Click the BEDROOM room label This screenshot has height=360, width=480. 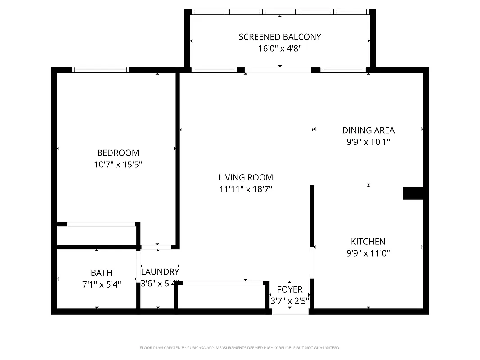click(118, 153)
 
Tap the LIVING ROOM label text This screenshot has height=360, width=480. click(246, 178)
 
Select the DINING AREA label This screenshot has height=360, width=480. click(368, 130)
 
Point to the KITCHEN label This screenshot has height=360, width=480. click(368, 242)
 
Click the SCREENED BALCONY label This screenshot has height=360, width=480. click(280, 37)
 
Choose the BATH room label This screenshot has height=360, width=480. click(101, 273)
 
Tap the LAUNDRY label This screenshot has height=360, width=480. click(160, 272)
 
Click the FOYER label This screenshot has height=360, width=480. click(290, 289)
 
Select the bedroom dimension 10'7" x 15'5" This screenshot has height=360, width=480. click(118, 165)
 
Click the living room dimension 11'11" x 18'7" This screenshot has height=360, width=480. click(246, 189)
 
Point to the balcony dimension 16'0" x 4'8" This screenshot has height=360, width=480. click(280, 49)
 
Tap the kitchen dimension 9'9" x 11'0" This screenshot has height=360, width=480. click(368, 253)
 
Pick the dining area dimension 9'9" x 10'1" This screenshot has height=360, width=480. click(368, 142)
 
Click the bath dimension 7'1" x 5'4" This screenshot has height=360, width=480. click(101, 284)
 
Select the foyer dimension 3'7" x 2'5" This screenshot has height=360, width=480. click(290, 301)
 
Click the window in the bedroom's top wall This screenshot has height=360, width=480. click(100, 70)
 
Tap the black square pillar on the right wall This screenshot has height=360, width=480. click(412, 193)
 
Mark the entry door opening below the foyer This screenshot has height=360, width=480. click(290, 311)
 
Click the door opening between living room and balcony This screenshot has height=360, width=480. click(278, 70)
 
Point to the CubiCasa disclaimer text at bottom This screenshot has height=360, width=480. click(240, 348)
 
